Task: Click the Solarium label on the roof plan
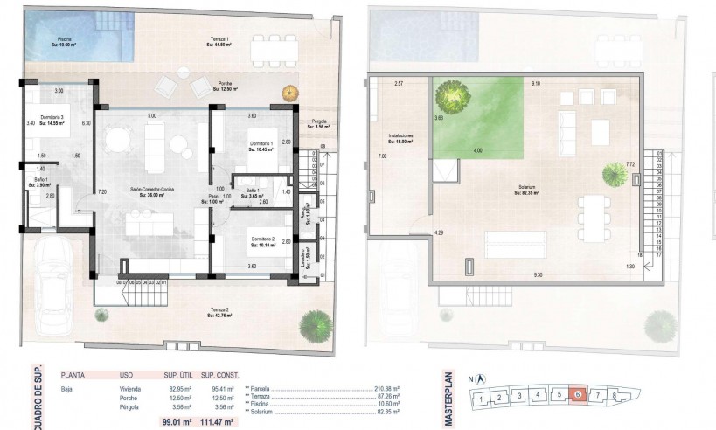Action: click(526, 189)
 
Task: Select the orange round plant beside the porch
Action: click(287, 94)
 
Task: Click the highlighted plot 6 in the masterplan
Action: click(579, 395)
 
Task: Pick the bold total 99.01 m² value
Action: click(179, 421)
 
